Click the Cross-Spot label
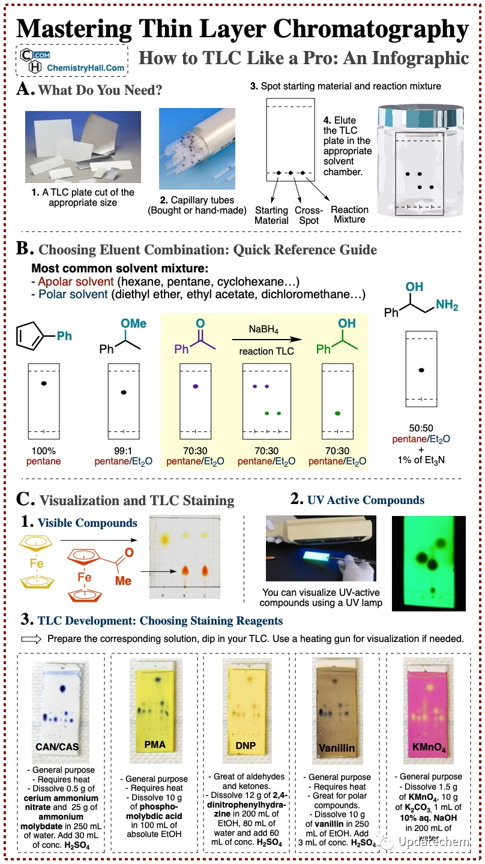pos(309,215)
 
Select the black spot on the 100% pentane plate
pos(44,383)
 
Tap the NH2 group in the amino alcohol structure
pos(447,305)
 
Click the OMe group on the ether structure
pos(133,323)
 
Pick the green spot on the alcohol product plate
pos(337,413)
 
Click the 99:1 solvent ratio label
pos(124,451)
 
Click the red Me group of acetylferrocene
pos(122,581)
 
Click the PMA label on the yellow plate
pos(155,745)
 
